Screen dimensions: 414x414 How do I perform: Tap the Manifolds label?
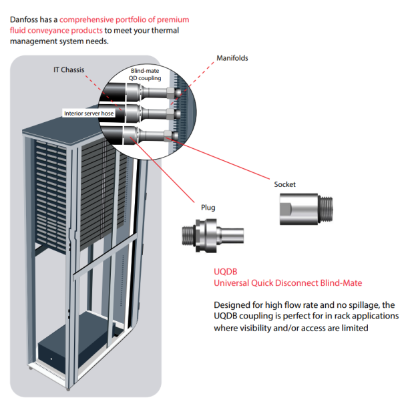(x=232, y=58)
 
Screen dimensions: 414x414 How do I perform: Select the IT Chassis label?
(x=69, y=69)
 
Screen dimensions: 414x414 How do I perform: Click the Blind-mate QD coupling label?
(x=145, y=74)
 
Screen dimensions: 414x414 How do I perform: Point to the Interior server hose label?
(x=89, y=114)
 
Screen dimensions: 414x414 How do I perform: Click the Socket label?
(x=284, y=184)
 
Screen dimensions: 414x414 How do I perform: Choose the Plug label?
(x=208, y=208)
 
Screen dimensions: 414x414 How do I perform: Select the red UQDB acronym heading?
(x=224, y=272)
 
